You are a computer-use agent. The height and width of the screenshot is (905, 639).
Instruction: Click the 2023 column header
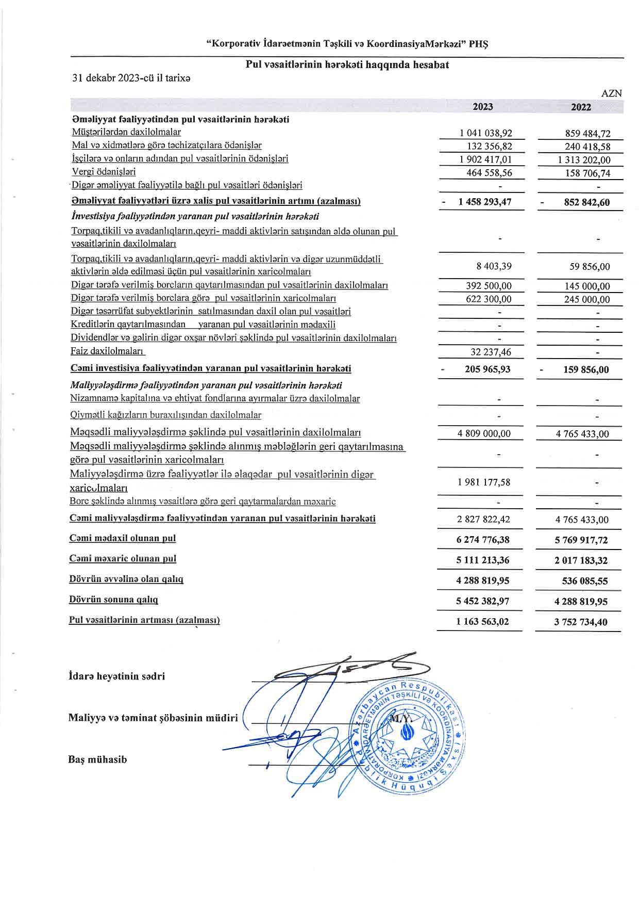coord(482,107)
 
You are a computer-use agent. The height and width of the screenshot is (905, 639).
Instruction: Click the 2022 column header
coord(581,107)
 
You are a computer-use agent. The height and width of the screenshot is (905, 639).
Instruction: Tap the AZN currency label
coord(612,93)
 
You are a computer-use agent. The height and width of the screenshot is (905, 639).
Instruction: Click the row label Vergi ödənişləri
coord(104,172)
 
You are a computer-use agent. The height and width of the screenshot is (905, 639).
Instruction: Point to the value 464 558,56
coord(489,173)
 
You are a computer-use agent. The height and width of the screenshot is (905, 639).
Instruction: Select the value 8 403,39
coord(494,266)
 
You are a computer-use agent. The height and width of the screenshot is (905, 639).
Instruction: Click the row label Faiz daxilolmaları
coord(108,351)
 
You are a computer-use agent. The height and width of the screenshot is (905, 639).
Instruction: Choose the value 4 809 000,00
coord(484,433)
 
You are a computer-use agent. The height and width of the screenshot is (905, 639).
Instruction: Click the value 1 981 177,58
coord(483,482)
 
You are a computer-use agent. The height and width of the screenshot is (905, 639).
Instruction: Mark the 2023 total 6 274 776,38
coord(483,540)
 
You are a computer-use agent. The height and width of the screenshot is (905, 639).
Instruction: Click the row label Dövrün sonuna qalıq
coord(113,600)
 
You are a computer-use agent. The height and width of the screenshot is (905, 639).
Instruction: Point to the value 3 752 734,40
coord(581,622)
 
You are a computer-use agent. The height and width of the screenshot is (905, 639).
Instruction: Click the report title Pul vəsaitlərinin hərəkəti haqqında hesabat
coord(347,65)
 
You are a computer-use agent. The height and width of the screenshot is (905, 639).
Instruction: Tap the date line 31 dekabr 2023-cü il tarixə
coord(131,78)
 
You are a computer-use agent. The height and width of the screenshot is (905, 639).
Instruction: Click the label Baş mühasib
coord(97,759)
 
